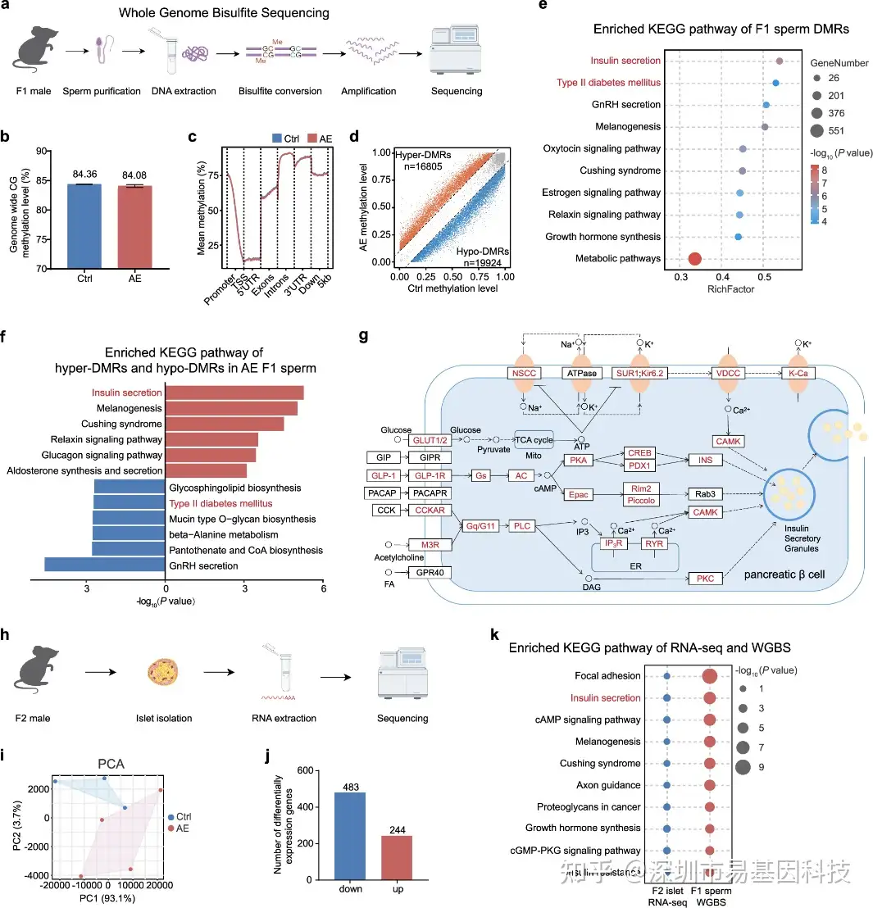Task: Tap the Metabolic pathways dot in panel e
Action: click(694, 259)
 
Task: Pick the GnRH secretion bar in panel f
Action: click(105, 565)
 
